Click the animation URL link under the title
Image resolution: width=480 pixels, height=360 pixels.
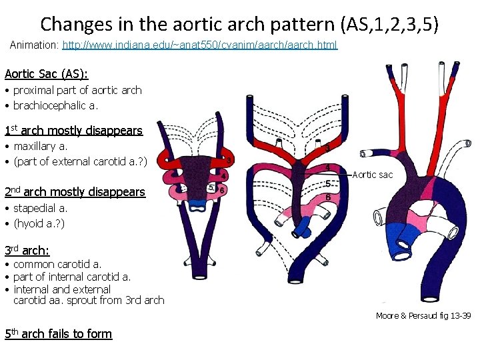point(200,45)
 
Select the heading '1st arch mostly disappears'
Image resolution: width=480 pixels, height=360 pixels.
point(73,131)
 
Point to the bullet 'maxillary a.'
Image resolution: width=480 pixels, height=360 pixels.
point(41,146)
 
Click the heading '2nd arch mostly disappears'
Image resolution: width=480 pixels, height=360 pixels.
point(75,192)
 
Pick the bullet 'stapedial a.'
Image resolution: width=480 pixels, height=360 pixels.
point(41,208)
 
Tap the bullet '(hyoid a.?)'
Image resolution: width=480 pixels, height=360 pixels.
point(39,223)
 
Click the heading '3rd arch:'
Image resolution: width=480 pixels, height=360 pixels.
point(27,251)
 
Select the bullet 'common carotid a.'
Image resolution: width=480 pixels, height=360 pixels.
point(57,265)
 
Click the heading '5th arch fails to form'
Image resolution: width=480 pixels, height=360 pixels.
point(58,333)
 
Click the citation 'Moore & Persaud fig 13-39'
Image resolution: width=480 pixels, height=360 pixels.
point(423,315)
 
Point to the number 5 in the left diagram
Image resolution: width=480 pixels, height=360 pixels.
point(211,188)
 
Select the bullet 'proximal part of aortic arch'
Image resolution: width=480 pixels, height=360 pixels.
point(77,90)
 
